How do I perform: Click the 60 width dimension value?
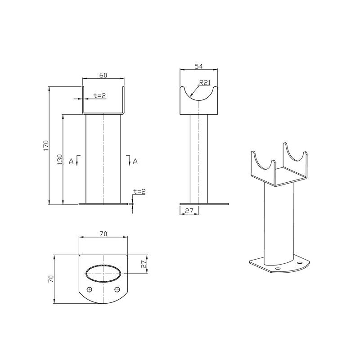pyautogui.click(x=103, y=75)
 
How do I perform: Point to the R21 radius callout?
pyautogui.click(x=204, y=82)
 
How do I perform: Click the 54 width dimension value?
pyautogui.click(x=198, y=66)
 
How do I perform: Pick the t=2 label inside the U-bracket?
pyautogui.click(x=99, y=95)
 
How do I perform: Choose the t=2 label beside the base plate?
pyautogui.click(x=139, y=191)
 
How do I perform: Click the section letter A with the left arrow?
pyautogui.click(x=71, y=160)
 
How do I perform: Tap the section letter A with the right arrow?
pyautogui.click(x=135, y=160)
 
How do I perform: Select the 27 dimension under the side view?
pyautogui.click(x=189, y=210)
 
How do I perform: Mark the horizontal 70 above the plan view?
pyautogui.click(x=103, y=234)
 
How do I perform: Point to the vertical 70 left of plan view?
pyautogui.click(x=51, y=279)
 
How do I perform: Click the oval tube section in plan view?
pyautogui.click(x=103, y=274)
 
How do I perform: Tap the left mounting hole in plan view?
pyautogui.click(x=89, y=289)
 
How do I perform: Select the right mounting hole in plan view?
pyautogui.click(x=117, y=289)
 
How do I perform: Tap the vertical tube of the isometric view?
pyautogui.click(x=279, y=220)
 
